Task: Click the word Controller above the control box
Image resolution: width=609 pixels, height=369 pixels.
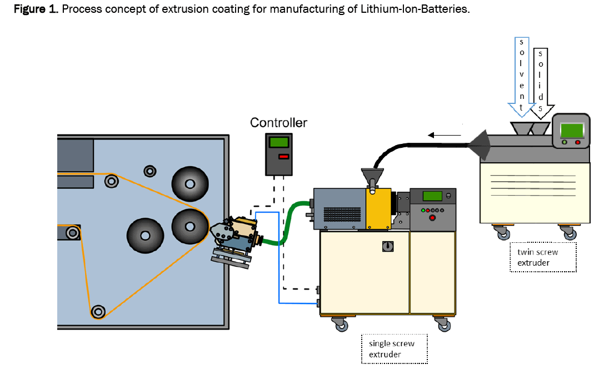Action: click(x=278, y=122)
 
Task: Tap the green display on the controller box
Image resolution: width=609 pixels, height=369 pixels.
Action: click(x=278, y=142)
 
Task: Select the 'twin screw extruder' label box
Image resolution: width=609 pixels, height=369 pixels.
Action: click(x=543, y=257)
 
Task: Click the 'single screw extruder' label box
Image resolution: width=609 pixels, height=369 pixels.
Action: click(x=394, y=348)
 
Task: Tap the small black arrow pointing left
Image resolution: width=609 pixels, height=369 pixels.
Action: click(x=444, y=134)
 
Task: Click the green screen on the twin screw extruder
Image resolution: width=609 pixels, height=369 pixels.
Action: click(x=571, y=130)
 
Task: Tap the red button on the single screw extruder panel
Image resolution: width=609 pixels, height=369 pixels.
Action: click(x=433, y=217)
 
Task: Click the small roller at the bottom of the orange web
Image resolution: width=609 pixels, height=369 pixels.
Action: click(x=98, y=311)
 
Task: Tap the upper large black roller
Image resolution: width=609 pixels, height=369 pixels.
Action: click(x=190, y=183)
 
